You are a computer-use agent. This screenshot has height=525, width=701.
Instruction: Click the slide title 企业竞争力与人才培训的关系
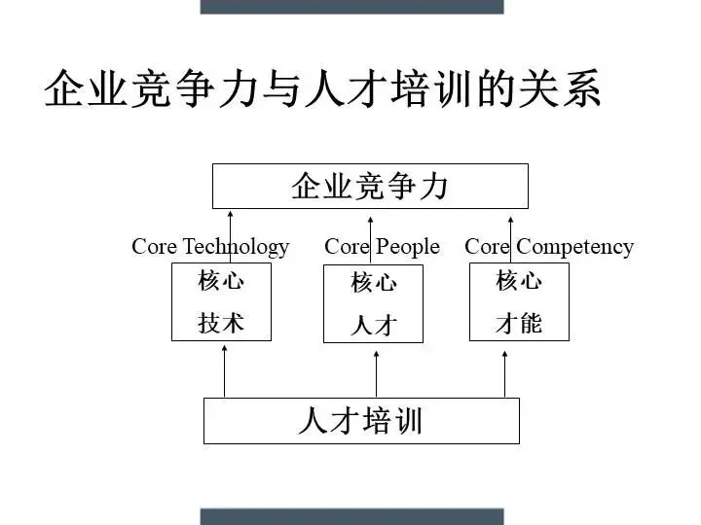coord(322,89)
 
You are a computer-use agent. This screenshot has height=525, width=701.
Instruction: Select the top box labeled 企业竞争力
coord(370,186)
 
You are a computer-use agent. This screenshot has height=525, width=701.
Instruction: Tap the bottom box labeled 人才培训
coord(361,420)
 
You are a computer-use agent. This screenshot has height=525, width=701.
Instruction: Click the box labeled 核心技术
coord(221,301)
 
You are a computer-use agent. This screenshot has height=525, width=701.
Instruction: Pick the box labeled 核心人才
coord(374,303)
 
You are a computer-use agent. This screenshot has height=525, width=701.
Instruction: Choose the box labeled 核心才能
coord(518,301)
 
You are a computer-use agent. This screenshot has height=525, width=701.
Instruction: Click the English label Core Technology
coord(210,247)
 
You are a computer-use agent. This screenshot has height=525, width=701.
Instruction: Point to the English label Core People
coord(382,247)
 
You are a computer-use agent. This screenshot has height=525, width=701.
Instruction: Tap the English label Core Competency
coord(549,247)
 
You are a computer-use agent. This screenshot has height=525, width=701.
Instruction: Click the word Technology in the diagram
coord(236,247)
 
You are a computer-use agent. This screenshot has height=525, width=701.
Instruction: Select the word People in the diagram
coord(408,247)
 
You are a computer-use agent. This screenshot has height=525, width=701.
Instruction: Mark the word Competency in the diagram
coord(574,247)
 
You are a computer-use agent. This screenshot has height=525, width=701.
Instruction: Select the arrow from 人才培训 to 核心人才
coord(376,371)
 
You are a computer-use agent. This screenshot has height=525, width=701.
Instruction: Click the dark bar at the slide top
coord(351,6)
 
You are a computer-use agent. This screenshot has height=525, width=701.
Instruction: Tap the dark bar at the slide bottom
coord(351,516)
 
